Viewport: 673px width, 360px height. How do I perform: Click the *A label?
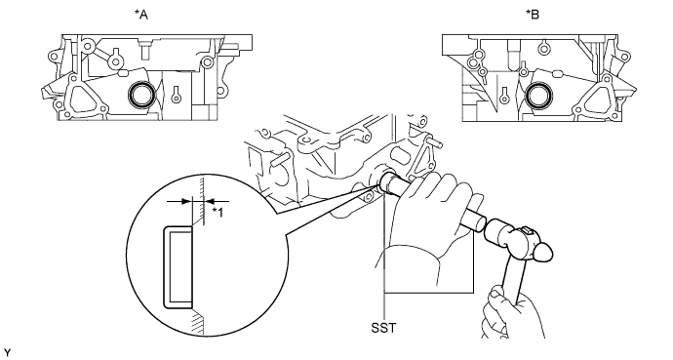pos(141,15)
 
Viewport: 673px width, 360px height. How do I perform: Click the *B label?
pos(533,15)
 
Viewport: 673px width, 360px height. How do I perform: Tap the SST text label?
pos(383,328)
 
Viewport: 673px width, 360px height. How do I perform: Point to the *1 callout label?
pos(218,212)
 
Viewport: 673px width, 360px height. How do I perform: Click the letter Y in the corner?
pos(6,353)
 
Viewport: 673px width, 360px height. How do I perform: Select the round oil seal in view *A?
pos(139,95)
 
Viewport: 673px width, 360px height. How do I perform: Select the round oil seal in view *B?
pos(537,96)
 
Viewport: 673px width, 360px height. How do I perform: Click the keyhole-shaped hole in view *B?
pos(504,95)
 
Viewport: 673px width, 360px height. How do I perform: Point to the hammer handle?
pos(514,280)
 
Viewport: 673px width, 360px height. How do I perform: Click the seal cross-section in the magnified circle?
pos(178,267)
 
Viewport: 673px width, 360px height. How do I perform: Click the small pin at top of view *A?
pos(146,50)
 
